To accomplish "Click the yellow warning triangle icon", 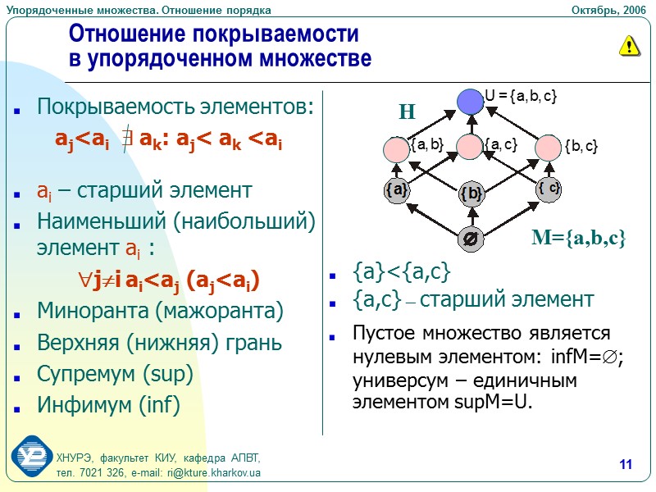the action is (628, 46).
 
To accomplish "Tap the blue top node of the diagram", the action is (470, 101).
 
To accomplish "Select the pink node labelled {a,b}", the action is (397, 148).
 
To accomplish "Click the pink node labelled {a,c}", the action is (470, 147).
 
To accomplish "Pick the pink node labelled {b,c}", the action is (549, 148).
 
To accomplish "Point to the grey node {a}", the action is (396, 190).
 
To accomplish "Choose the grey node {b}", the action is (471, 194).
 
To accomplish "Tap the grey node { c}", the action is (549, 189).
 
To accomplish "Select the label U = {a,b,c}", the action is (522, 96).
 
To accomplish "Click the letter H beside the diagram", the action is (408, 112).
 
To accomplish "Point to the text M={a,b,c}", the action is (579, 239).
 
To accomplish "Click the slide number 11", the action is (626, 466).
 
